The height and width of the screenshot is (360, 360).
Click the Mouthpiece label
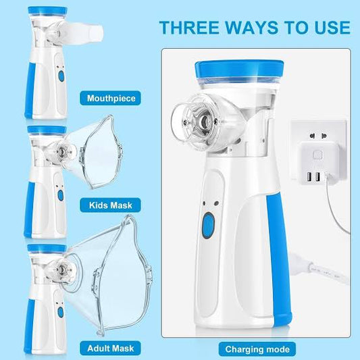[111, 99]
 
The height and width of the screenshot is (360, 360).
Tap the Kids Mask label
[111, 203]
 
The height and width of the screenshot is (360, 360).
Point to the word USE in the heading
[331, 28]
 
